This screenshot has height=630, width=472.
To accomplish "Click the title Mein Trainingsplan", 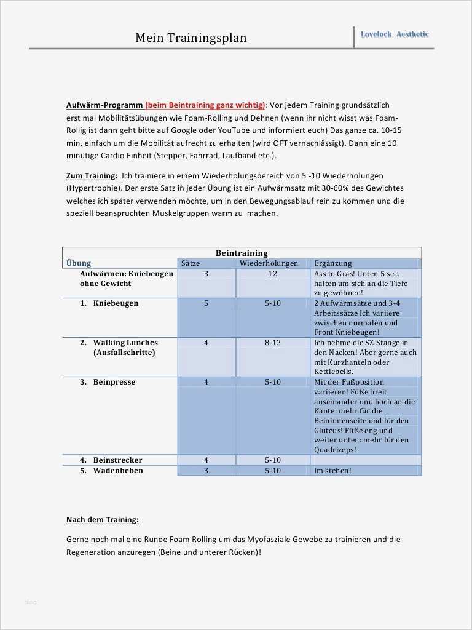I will (191, 38).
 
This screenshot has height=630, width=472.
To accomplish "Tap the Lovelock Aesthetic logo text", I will (395, 34).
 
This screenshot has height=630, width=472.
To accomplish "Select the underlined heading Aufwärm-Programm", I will (104, 105).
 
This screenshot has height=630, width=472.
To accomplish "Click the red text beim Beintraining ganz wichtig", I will (205, 105).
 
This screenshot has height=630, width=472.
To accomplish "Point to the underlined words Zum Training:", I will (92, 175).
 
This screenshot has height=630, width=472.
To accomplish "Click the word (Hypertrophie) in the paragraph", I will (93, 188).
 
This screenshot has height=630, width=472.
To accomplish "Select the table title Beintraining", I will (242, 253).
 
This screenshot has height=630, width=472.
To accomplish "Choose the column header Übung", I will (78, 263).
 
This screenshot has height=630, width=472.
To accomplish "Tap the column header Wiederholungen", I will (269, 263).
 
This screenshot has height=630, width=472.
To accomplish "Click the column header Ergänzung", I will (332, 263).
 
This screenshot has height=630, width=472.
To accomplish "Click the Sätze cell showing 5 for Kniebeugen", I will (206, 303).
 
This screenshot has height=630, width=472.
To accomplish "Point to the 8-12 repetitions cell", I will (273, 343).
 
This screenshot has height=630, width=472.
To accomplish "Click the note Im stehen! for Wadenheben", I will (332, 471).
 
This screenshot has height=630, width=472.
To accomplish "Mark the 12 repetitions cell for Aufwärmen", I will (273, 274).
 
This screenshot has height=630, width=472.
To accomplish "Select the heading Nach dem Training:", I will (102, 520).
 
